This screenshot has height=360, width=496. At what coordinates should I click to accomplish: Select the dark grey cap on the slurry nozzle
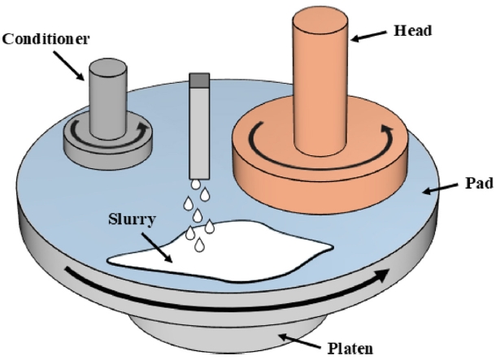point(199,80)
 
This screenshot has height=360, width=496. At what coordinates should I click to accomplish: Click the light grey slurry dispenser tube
point(199,130)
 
